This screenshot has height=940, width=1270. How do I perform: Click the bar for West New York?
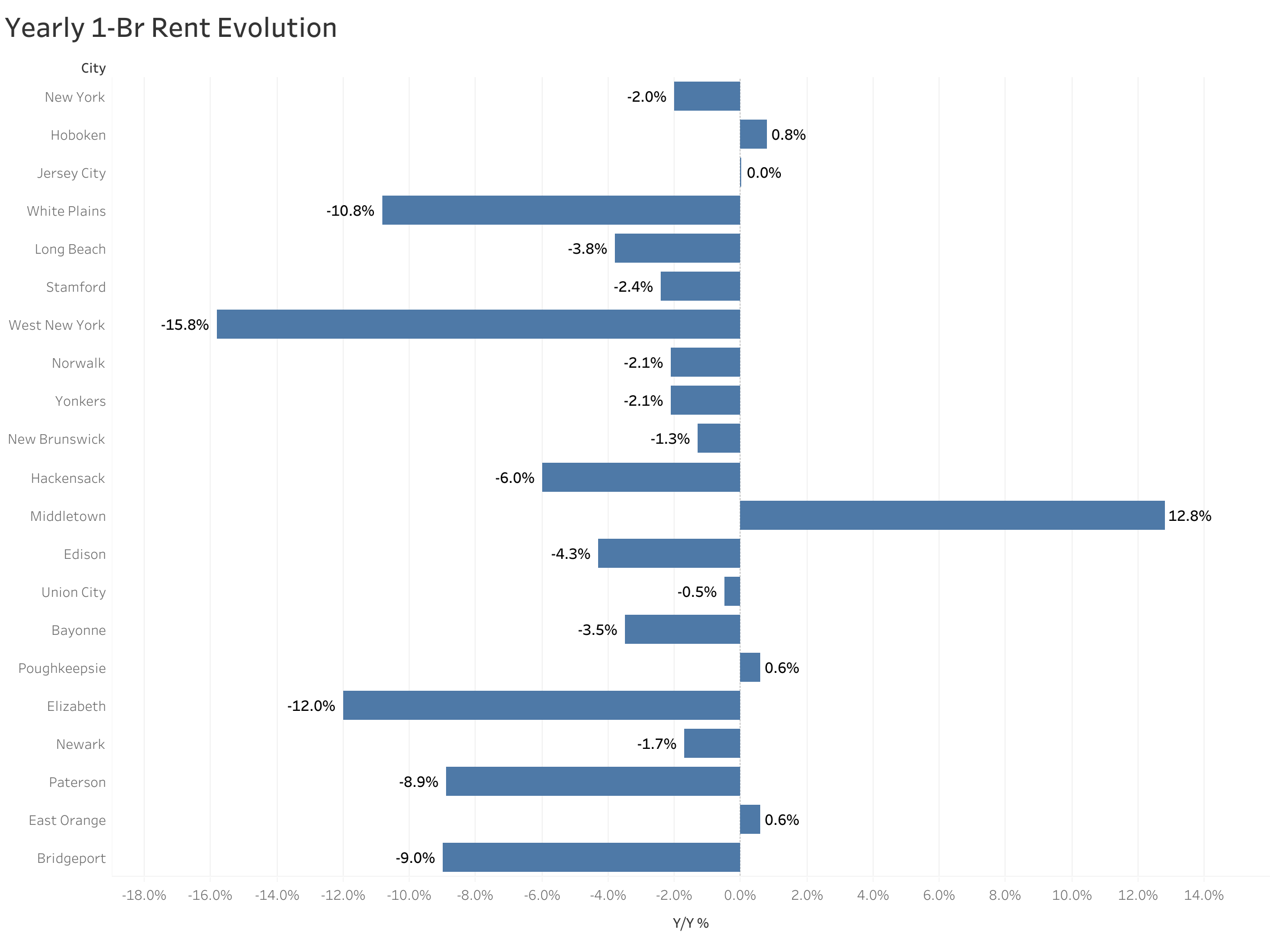click(x=478, y=324)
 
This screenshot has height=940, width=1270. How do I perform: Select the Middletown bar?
click(x=952, y=515)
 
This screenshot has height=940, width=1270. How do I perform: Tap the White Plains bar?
click(x=561, y=210)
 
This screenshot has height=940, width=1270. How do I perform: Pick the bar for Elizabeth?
click(x=541, y=706)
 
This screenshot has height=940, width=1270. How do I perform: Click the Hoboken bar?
click(x=753, y=134)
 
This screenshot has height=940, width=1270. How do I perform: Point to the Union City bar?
click(x=732, y=591)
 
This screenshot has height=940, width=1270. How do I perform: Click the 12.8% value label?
click(x=1189, y=516)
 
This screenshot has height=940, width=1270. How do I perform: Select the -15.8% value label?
click(x=184, y=325)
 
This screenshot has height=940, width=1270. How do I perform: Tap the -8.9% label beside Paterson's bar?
click(x=418, y=782)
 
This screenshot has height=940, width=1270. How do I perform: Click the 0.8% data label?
click(x=788, y=135)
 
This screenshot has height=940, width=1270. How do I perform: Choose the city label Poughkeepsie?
click(x=62, y=668)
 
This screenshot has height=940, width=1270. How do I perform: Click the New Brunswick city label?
click(x=56, y=439)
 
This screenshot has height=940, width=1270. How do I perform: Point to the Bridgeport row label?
click(x=71, y=858)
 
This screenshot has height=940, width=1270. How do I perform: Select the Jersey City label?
click(x=71, y=173)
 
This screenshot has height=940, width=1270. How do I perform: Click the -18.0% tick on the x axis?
click(x=144, y=896)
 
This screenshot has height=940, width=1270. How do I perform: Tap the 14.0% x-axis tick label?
click(x=1203, y=896)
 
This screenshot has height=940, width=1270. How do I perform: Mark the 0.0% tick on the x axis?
click(x=740, y=896)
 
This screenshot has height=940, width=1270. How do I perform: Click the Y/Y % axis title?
click(x=690, y=923)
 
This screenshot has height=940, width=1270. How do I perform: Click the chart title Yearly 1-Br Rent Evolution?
click(x=170, y=28)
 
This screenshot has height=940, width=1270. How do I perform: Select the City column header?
click(x=93, y=68)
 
